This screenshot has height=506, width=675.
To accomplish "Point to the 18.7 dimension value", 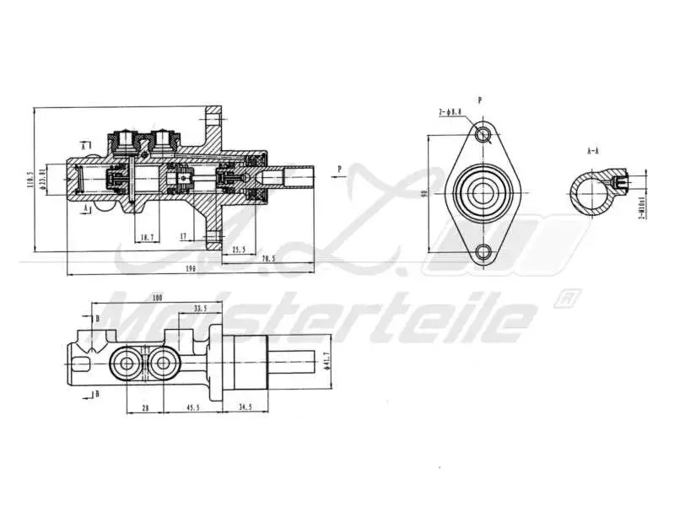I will coord(148,238).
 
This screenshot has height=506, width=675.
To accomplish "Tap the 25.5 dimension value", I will coord(238,249).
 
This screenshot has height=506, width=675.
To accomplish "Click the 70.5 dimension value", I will coord(269,258).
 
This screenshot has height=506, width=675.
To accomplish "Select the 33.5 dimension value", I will coord(200,309).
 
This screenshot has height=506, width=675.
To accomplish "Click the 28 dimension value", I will coord(144,407).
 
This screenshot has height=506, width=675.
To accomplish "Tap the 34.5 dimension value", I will coord(244,407).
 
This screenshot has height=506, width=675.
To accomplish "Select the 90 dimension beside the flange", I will coord(424,193).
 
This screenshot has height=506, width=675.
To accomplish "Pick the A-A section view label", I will coord(593,151).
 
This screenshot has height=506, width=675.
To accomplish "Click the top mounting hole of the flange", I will coord(483,134).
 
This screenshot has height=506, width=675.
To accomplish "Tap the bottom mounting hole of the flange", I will coord(483,250).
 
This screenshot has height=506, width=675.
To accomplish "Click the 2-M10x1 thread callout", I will coord(642,205).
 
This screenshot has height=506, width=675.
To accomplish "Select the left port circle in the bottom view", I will coord(127,363).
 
